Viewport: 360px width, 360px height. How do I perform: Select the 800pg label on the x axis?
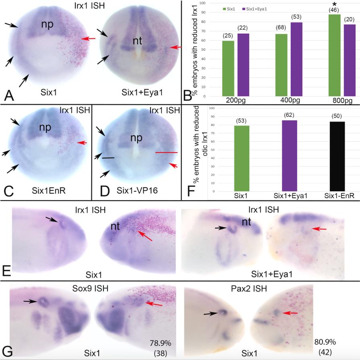tap(341, 99)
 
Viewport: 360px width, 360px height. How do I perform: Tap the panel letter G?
tap(8, 350)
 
